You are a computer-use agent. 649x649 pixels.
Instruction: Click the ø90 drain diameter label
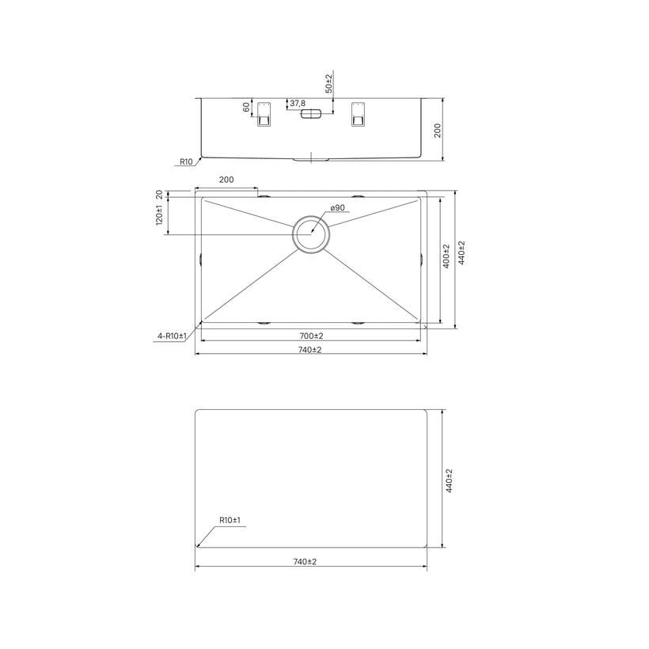coord(338,207)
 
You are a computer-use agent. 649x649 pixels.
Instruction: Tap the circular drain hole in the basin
coord(311,233)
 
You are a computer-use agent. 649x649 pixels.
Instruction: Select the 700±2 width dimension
coord(311,336)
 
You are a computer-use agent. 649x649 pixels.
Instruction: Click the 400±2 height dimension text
coord(446,256)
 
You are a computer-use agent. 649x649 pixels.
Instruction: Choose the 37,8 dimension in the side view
coord(298,103)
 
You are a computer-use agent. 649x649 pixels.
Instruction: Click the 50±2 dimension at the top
coord(328,84)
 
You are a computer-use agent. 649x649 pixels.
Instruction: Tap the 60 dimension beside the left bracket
coord(246,107)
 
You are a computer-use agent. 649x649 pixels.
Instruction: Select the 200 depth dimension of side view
coord(438,131)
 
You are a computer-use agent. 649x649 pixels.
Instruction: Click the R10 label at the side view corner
coord(186,161)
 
